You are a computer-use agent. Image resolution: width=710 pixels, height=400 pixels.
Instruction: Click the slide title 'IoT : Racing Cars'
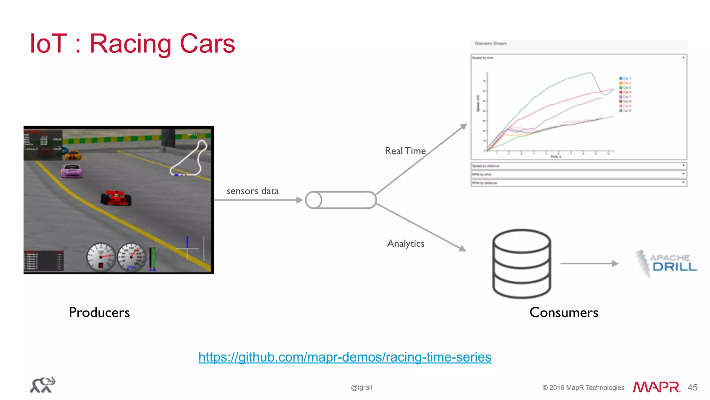[x=132, y=44]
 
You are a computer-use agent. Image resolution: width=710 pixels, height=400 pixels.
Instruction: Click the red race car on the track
[x=116, y=198]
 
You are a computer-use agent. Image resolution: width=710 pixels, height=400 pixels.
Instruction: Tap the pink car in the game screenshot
[x=72, y=171]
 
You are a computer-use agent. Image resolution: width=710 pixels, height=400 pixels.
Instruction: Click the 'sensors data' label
[x=252, y=191]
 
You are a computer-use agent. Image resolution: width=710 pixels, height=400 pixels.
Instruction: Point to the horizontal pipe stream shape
[x=341, y=200]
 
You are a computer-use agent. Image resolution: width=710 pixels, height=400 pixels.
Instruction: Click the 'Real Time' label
[x=405, y=151]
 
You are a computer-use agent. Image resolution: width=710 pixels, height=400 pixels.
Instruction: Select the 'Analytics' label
[x=406, y=244]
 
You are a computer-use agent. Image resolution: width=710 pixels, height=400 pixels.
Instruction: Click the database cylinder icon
[x=521, y=264]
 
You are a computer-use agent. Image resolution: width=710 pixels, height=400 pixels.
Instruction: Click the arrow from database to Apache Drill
[x=589, y=264]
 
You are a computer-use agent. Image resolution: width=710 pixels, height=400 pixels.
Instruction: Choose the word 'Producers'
[x=99, y=313]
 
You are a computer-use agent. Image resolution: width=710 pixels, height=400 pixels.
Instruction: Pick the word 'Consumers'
[x=564, y=313]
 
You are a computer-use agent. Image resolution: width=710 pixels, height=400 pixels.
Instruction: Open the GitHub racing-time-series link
[x=345, y=357]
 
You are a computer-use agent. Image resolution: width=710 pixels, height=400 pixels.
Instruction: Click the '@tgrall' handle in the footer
[x=361, y=388]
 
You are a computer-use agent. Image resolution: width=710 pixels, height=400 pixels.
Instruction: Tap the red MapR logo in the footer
[x=656, y=387]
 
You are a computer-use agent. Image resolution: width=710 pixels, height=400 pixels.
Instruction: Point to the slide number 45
[x=692, y=388]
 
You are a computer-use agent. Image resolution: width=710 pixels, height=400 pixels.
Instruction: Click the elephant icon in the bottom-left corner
[x=43, y=385]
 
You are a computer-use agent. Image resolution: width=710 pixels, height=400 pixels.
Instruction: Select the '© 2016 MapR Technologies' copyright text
[x=583, y=388]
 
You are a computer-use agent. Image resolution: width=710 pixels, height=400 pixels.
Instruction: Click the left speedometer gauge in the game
[x=101, y=257]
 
